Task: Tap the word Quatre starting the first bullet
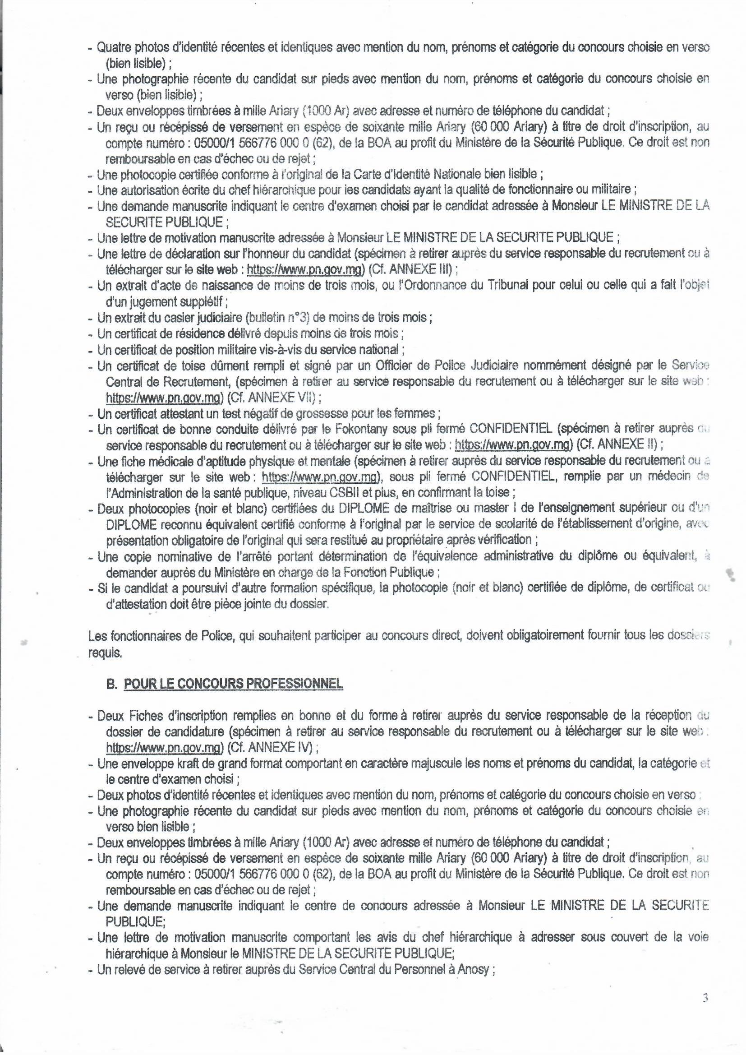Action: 114,47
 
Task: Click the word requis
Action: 105,653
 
